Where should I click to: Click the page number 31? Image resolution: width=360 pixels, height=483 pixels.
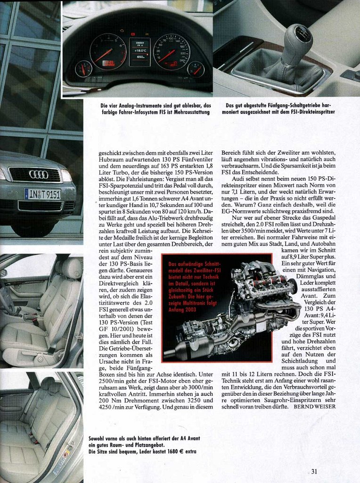[x=314, y=471]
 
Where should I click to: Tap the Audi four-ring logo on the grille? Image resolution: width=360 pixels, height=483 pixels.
[x=39, y=175]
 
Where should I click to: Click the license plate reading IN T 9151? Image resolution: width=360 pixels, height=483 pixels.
[x=42, y=194]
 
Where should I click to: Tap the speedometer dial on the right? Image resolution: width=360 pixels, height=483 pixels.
[x=172, y=51]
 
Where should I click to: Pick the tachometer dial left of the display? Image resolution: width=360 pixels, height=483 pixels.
[x=108, y=51]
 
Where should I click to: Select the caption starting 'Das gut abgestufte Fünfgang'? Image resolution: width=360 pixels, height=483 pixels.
[x=280, y=108]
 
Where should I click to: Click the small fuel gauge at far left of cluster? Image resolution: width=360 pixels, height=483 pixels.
[x=83, y=69]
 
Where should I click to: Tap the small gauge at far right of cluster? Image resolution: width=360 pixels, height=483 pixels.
[x=196, y=69]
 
